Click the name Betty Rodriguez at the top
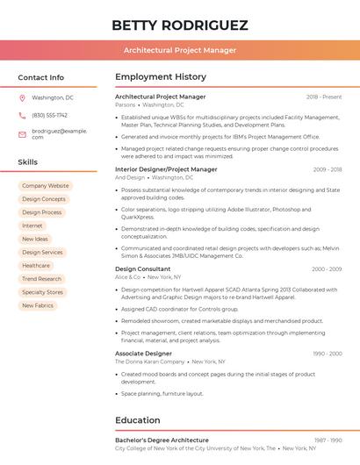point(180,25)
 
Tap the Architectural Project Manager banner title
point(180,50)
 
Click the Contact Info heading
point(40,77)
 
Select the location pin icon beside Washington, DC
point(23,97)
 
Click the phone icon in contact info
point(23,115)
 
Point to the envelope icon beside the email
point(23,133)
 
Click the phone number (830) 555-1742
point(49,115)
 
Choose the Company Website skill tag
point(45,186)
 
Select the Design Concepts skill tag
point(43,199)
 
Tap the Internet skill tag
point(32,225)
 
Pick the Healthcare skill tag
point(36,266)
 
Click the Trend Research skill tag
point(41,279)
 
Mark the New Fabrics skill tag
point(38,305)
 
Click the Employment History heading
point(161,77)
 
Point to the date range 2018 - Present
point(324,97)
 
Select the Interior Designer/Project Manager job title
point(166,169)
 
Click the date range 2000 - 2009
point(326,268)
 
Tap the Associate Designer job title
point(143,353)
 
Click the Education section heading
point(138,420)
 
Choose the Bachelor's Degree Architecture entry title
point(162,440)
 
